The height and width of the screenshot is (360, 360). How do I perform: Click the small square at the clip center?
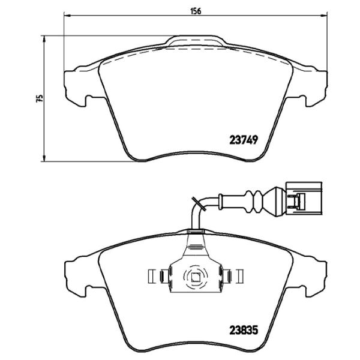pyautogui.click(x=195, y=277)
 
